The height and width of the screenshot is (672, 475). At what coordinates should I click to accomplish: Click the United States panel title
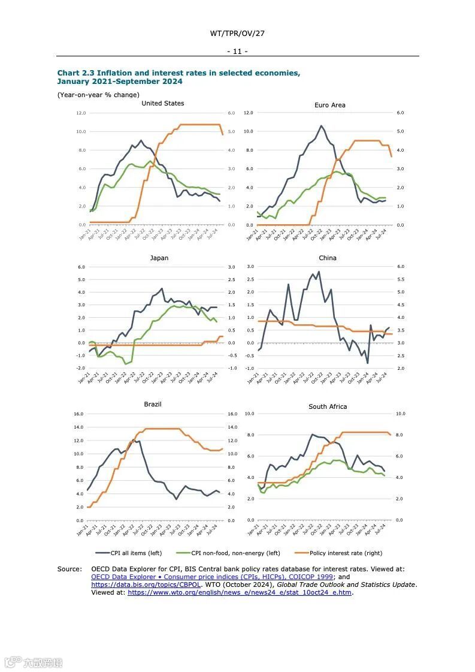[162, 103]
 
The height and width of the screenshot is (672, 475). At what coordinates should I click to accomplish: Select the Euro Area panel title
[329, 105]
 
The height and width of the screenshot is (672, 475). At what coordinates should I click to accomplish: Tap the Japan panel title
[159, 258]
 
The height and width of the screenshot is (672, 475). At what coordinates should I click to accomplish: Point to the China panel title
[328, 258]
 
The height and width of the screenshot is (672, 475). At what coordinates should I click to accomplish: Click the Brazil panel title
[153, 404]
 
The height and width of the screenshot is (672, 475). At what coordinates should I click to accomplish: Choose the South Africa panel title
[328, 406]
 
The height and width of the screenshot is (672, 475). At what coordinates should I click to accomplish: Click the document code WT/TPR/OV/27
[237, 34]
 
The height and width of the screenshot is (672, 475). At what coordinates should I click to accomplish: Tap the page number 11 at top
[237, 52]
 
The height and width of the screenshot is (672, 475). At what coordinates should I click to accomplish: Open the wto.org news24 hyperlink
[240, 592]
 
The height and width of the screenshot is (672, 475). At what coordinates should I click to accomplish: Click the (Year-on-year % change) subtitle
[98, 95]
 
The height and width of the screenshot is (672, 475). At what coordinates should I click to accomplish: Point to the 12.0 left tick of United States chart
[81, 113]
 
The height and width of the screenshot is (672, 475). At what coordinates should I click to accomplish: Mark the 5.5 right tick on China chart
[400, 279]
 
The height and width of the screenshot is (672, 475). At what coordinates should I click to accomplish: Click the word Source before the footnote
[69, 569]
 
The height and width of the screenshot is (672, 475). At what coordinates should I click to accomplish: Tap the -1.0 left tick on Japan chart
[81, 368]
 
